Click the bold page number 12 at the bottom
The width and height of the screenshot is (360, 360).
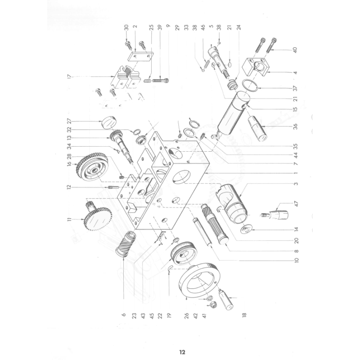point(182,352)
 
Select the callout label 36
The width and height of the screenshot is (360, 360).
point(295,126)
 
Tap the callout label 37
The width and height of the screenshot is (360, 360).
point(295,88)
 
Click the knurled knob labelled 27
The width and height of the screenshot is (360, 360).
point(108,122)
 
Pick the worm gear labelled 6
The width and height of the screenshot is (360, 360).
point(127,245)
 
